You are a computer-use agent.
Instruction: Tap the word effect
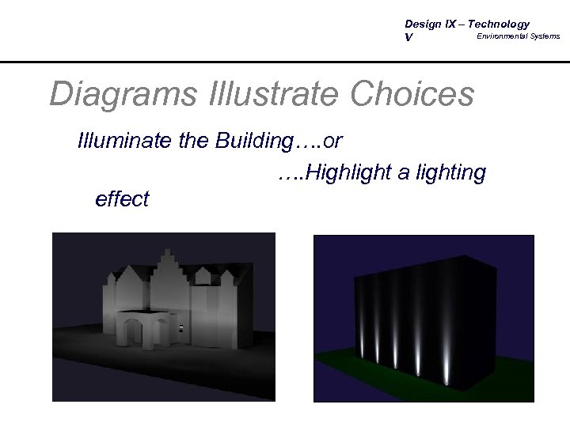tap(121, 199)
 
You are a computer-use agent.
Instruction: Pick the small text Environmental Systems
tap(518, 36)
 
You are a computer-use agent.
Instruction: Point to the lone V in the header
tap(408, 37)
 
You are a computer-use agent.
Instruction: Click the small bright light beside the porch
tap(181, 327)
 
